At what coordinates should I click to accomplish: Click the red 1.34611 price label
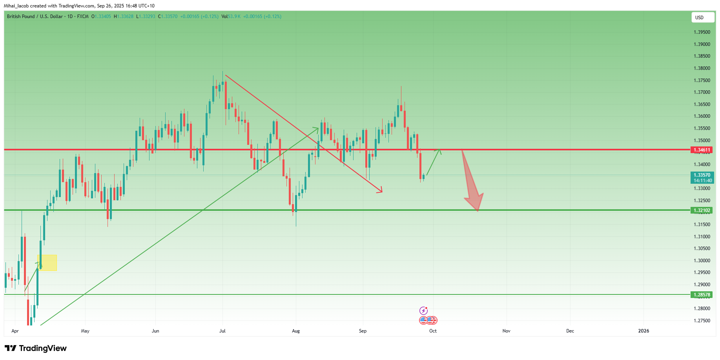[x=702, y=150]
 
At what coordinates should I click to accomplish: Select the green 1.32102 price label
[x=702, y=210]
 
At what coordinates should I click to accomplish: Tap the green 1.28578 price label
[x=702, y=295]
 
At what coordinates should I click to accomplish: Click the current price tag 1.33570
[x=702, y=175]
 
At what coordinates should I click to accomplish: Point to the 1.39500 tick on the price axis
[x=702, y=32]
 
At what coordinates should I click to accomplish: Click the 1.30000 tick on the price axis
[x=702, y=261]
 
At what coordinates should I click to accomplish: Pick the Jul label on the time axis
[x=222, y=331]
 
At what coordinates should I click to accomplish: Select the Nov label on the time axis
[x=507, y=331]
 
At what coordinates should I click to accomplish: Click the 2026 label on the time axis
[x=643, y=331]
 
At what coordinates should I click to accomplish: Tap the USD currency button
[x=702, y=17]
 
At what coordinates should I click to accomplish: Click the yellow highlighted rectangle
[x=47, y=263]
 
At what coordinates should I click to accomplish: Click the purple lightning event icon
[x=423, y=311]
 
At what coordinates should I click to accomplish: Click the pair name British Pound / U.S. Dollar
[x=35, y=16]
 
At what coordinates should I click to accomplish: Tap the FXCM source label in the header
[x=83, y=16]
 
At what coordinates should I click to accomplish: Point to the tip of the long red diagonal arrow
[x=382, y=192]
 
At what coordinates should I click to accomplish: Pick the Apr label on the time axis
[x=15, y=331]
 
